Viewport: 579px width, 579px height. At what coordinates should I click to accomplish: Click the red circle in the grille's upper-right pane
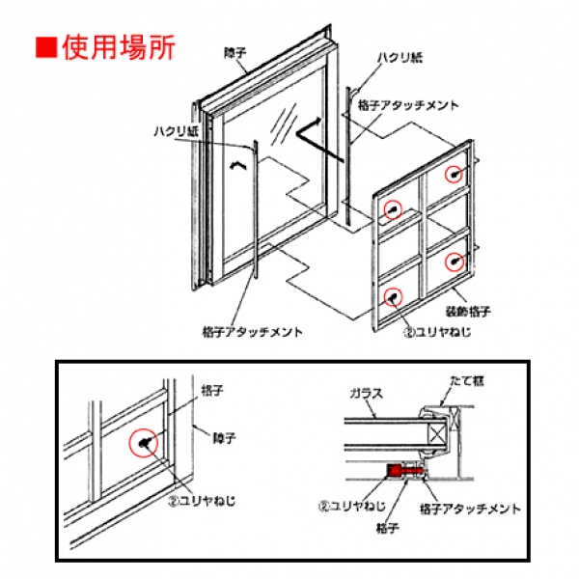(x=455, y=174)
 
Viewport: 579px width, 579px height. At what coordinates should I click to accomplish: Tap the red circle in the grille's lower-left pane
(x=393, y=296)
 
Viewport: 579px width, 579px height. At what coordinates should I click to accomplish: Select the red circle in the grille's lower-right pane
(x=455, y=261)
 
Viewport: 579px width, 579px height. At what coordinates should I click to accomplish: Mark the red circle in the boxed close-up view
(x=144, y=442)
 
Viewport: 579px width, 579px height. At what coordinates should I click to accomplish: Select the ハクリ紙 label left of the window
(x=175, y=131)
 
